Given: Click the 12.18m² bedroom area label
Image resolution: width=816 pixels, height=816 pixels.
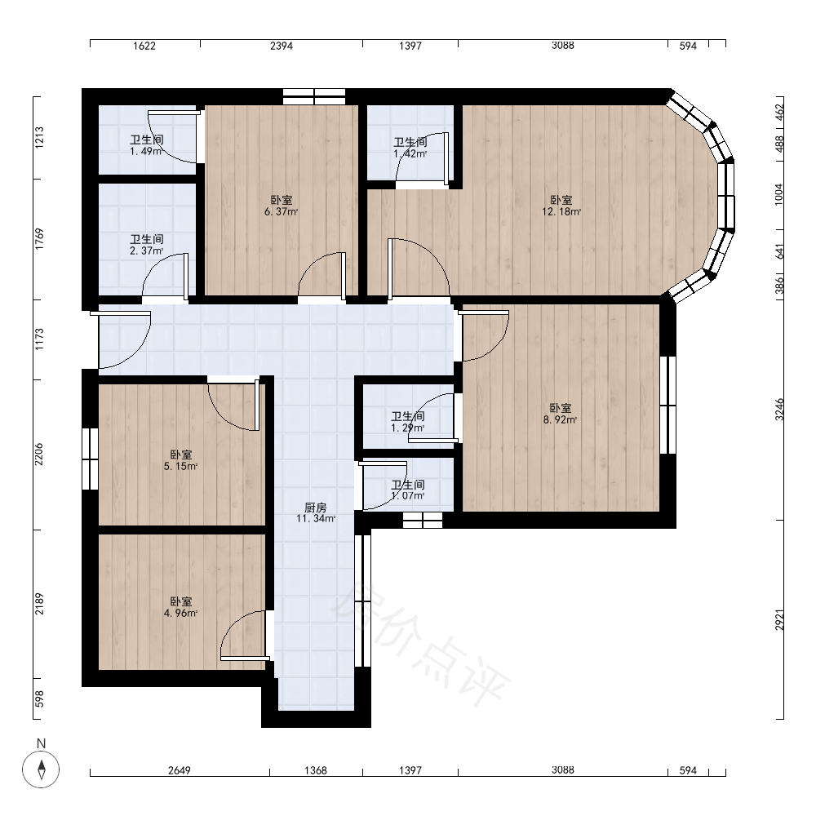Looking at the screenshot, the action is (x=561, y=206).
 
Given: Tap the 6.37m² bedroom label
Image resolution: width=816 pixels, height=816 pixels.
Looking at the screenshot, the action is (x=281, y=206).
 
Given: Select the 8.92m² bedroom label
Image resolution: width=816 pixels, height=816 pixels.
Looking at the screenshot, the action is (x=560, y=414).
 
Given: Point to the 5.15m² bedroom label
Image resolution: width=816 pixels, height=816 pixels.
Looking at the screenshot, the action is (x=180, y=460).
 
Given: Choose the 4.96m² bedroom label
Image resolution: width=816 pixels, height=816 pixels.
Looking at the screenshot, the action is (x=180, y=607).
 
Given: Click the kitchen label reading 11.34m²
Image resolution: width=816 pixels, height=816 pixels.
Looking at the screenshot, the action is (x=315, y=512).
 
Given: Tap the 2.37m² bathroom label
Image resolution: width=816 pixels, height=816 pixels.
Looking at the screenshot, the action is (x=147, y=245).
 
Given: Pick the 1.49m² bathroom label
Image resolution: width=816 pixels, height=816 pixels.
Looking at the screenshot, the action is (x=147, y=145).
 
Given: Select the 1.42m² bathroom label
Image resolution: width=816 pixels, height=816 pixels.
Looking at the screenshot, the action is (x=410, y=148).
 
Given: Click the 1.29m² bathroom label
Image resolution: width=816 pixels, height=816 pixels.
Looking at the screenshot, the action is (x=408, y=422).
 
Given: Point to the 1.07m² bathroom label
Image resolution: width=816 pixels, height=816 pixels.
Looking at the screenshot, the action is (x=408, y=490).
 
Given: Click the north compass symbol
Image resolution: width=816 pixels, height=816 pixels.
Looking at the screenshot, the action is (x=41, y=764).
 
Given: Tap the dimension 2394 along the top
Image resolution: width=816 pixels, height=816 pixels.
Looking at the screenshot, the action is (x=281, y=46).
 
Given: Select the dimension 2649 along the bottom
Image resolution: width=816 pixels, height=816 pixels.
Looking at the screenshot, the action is (x=180, y=770).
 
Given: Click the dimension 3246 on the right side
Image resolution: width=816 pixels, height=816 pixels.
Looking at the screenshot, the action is (x=779, y=410).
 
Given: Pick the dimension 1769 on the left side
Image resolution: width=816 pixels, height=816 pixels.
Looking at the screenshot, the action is (x=39, y=239).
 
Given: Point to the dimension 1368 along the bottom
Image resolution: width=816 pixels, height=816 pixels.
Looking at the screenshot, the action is (x=316, y=770).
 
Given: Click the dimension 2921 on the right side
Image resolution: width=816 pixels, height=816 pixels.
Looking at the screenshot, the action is (x=779, y=620).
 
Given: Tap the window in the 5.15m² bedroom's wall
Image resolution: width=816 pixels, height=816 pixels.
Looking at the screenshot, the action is (x=90, y=459).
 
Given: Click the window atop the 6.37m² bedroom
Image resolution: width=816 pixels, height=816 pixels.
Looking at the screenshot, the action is (x=314, y=97).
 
